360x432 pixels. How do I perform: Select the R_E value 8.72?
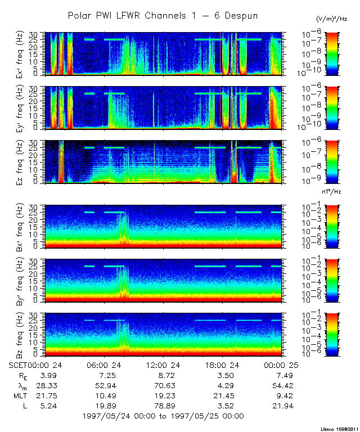tap(162, 375)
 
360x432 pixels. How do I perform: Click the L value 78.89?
tap(162, 406)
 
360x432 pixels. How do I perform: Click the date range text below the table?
tap(163, 416)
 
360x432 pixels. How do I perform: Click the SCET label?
tap(19, 366)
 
